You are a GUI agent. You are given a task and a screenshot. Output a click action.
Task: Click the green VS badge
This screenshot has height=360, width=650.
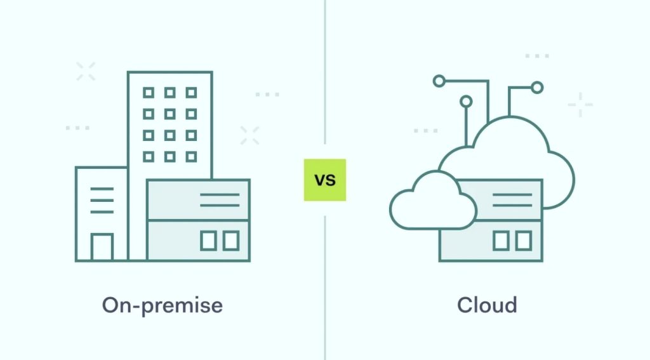pos(324,180)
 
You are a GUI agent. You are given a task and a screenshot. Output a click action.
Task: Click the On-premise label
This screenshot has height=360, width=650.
pos(162,305)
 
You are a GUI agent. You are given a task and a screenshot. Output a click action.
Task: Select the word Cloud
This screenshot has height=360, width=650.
pos(487,305)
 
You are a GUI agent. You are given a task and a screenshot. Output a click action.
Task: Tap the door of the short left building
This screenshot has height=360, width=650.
pos(102,247)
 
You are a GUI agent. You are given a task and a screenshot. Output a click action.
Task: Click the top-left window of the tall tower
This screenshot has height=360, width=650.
pos(149,93)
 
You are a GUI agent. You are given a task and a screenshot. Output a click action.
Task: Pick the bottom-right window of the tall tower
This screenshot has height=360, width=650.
pos(191,156)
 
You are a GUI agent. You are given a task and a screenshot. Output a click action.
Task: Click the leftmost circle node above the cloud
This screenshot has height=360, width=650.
pos(439,81)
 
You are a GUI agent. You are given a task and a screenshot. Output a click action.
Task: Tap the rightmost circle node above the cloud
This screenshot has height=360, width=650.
pos(537,88)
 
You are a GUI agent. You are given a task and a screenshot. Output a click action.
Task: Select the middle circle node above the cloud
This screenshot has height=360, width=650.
pos(466,101)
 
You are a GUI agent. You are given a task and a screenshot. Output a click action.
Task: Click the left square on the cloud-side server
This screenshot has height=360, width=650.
pos(501,241)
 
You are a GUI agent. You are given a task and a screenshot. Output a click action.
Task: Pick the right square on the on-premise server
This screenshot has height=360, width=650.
pos(231,241)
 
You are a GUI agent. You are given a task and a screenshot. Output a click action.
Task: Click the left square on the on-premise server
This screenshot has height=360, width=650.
pos(208,241)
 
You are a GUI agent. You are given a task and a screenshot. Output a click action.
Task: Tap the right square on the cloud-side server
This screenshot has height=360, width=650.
pos(524,241)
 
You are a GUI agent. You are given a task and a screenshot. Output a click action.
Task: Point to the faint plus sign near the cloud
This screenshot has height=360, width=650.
pos(580,105)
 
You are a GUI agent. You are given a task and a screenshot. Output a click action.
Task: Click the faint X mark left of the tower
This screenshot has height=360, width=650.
pos(86,71)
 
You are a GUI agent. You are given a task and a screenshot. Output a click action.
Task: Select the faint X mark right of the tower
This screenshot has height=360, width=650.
pos(249,136)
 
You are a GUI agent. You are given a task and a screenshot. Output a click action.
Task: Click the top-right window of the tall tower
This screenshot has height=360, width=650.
pos(191,93)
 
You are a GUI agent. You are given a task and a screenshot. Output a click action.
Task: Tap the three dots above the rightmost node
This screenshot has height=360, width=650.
pos(537,56)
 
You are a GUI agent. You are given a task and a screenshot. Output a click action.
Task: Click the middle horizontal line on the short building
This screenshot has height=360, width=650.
pos(102,201)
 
